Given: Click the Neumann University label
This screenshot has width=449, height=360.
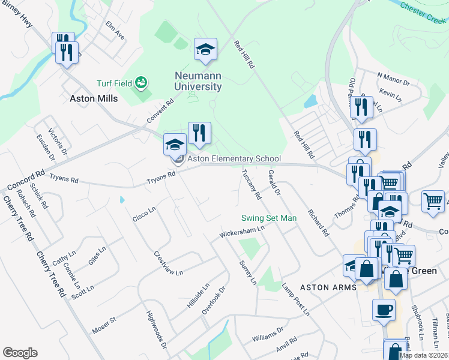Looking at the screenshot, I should [198, 81].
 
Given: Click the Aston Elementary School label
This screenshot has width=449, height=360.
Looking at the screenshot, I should [234, 159].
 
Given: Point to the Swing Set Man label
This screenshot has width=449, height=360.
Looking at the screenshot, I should [269, 218].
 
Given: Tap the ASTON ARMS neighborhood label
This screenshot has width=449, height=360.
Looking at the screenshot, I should [328, 287].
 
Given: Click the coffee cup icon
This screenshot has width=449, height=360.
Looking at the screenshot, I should [384, 310].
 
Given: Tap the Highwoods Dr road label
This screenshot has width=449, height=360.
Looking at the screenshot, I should [156, 329].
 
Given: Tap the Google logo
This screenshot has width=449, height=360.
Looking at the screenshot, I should [20, 353].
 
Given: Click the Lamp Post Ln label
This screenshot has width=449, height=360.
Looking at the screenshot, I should [296, 299].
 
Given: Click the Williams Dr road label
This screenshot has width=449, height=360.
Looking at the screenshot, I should [267, 334].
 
